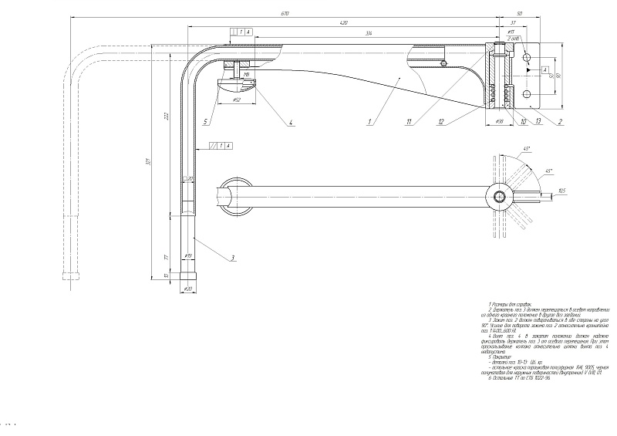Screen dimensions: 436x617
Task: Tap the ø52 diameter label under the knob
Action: coord(235,100)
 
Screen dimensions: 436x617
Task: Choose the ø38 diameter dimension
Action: coord(498,122)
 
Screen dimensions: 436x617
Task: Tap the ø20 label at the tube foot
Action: coord(188,289)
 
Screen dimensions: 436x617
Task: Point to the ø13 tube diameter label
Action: coord(187,255)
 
